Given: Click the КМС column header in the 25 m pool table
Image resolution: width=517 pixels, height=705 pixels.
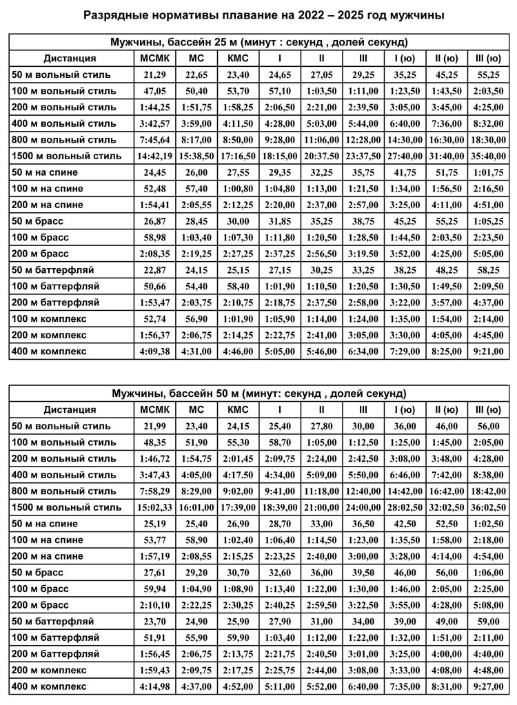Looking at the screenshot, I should [x=238, y=58].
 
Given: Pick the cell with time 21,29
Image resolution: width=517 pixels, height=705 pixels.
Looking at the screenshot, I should [x=150, y=74].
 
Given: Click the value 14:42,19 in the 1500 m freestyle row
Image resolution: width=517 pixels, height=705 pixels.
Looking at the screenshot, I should [x=150, y=156].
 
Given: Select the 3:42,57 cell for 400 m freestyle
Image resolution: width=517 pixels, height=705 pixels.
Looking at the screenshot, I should [x=150, y=123].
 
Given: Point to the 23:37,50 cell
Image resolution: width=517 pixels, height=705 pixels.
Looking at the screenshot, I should [x=363, y=156].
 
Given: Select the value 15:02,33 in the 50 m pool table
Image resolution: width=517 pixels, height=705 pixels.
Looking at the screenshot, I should [x=150, y=507].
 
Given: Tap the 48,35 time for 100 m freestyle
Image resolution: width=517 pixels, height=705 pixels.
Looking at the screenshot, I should [x=150, y=442].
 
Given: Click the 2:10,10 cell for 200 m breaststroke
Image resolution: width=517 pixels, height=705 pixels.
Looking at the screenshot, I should [x=150, y=605].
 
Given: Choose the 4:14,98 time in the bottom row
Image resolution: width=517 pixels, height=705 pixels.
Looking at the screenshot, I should [x=150, y=686].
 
